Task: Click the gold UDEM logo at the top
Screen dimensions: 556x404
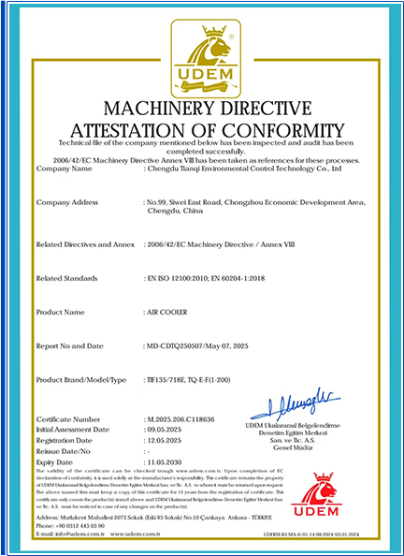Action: (x=202, y=58)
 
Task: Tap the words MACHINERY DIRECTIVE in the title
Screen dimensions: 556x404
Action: (x=202, y=106)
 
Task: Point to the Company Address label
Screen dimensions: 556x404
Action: (x=66, y=201)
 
